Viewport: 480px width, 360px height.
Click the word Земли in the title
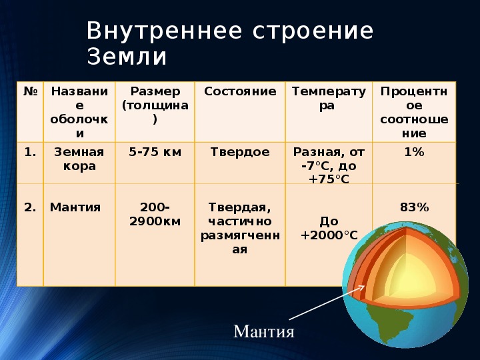(x=127, y=57)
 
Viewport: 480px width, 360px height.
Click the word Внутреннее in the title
(x=165, y=31)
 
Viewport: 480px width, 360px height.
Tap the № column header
(x=30, y=91)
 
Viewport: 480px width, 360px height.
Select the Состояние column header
(x=240, y=91)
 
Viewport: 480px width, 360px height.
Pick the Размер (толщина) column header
(x=155, y=105)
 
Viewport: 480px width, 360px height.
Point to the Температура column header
(x=329, y=98)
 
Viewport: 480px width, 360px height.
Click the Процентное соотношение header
(x=414, y=112)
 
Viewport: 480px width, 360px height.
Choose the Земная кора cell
(x=79, y=159)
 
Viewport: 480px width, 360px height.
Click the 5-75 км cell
(x=155, y=152)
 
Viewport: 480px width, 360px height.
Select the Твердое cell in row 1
(x=240, y=152)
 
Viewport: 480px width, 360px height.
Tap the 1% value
(x=414, y=152)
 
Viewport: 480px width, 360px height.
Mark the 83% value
(x=414, y=207)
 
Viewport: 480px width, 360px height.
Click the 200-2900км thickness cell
(x=155, y=214)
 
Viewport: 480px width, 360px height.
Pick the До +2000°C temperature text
(x=329, y=229)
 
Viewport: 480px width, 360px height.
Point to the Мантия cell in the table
(x=75, y=207)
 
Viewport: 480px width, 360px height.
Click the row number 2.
(x=30, y=207)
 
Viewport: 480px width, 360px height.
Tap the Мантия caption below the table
(x=264, y=331)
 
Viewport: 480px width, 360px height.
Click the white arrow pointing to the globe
(x=327, y=303)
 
